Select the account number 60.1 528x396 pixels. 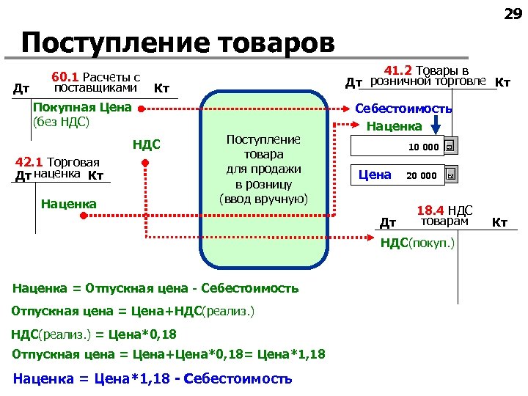(65, 77)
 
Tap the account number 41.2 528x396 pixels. (398, 71)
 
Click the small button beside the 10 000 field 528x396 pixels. (450, 148)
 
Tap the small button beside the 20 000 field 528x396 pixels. (450, 176)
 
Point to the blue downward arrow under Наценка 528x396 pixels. (436, 129)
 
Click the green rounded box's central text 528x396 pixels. (263, 169)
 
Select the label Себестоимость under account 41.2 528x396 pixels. (403, 109)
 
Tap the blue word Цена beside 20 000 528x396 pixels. (374, 175)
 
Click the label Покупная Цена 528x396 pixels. (83, 108)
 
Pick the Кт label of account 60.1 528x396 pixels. (161, 89)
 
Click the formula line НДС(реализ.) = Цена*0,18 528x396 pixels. (94, 334)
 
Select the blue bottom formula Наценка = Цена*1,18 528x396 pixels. (153, 378)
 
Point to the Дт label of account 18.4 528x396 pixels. (388, 222)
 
